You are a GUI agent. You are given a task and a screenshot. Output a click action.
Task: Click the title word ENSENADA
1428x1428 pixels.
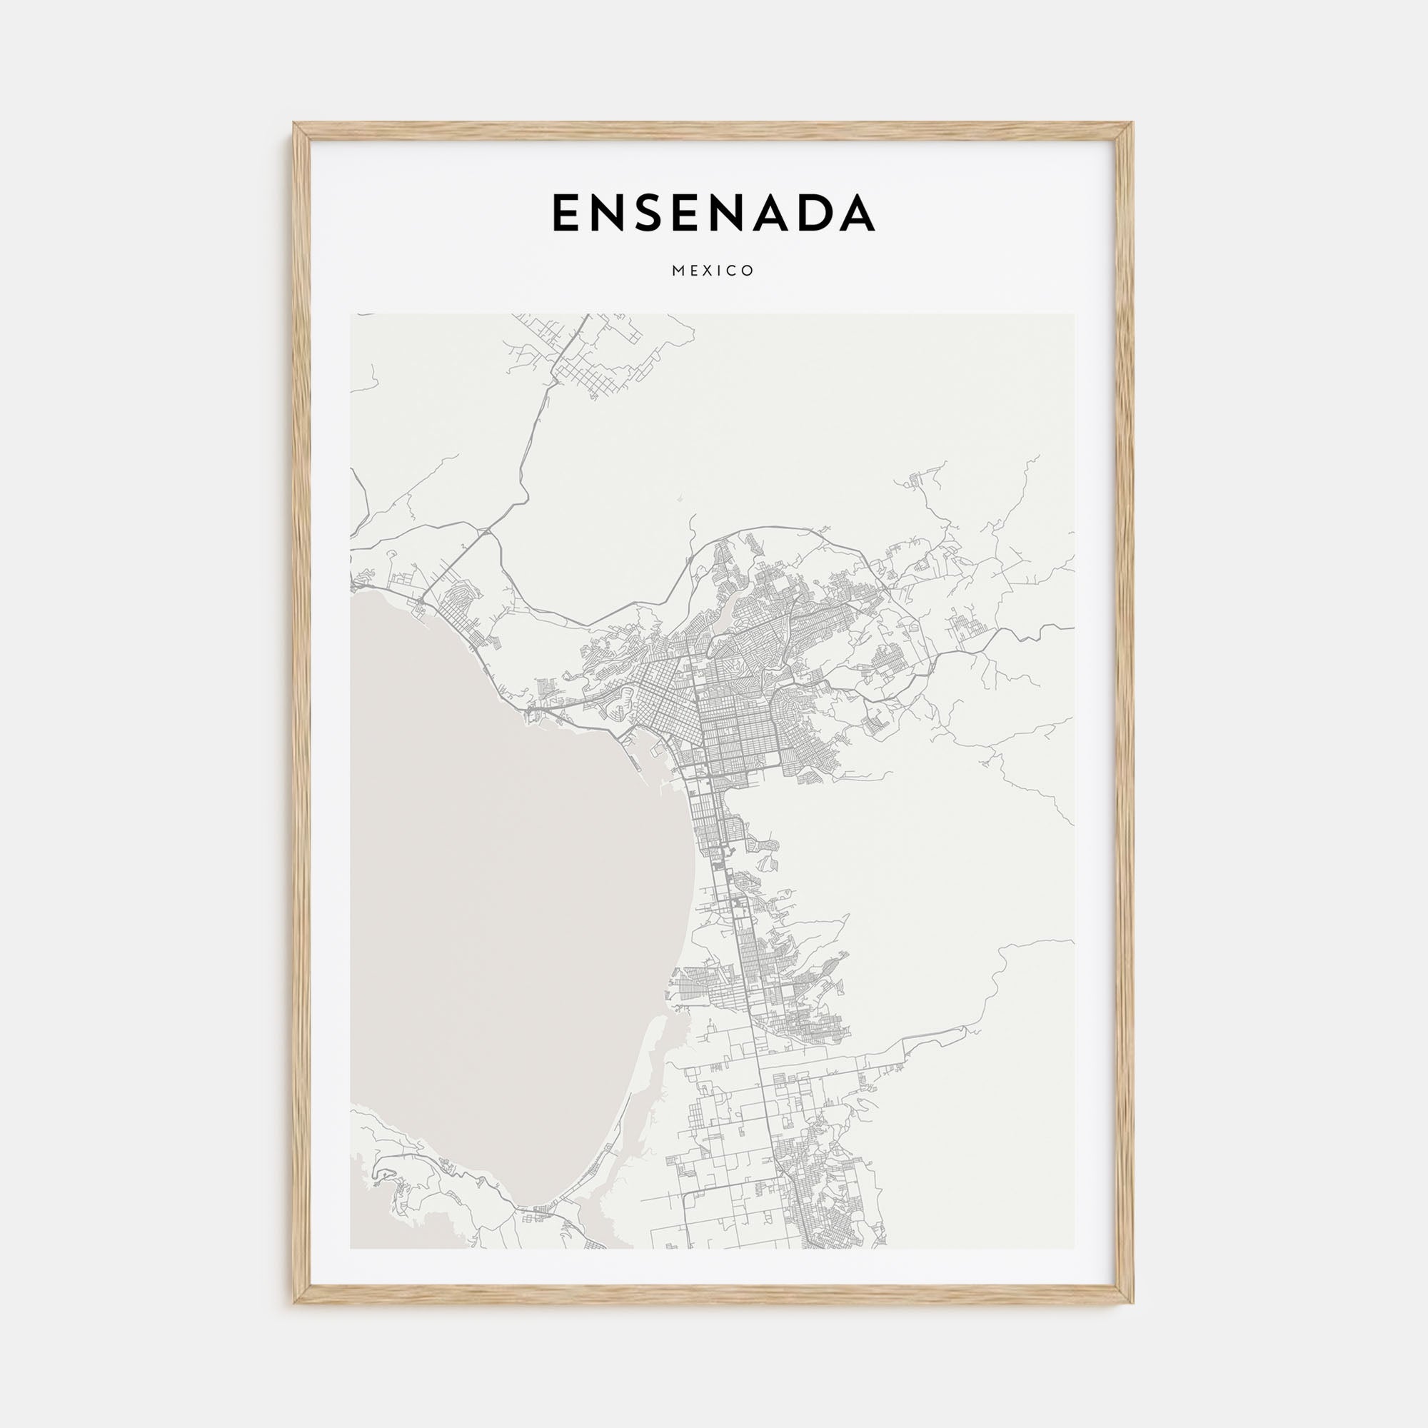pos(713,213)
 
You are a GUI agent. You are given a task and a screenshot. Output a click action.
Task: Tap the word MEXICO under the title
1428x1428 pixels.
pos(713,271)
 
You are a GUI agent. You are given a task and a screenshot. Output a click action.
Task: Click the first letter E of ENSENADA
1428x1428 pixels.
pos(566,213)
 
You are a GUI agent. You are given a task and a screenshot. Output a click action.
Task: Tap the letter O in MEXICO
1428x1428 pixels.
pos(749,271)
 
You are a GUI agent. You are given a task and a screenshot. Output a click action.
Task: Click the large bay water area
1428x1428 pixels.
pos(503,924)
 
